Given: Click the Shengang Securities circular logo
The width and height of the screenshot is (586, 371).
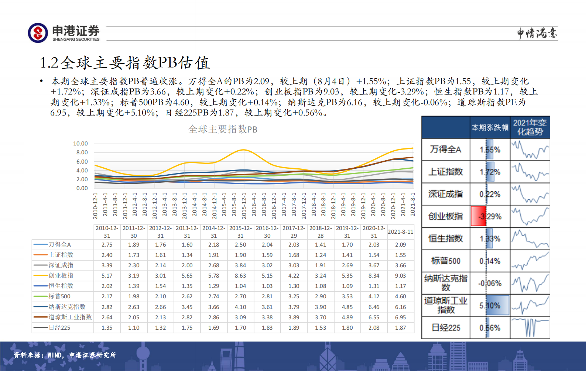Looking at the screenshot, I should pos(38,33).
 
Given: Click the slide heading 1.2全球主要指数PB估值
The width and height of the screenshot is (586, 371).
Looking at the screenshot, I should pos(125,63).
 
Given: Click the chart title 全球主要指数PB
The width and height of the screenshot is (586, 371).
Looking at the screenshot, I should pos(223,129).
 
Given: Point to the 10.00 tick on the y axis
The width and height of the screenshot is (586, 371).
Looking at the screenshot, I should pos(80,144).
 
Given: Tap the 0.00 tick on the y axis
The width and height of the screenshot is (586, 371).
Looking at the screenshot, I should pos(82,188).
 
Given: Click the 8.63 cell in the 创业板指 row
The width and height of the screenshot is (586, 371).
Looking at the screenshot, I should pos(240,275).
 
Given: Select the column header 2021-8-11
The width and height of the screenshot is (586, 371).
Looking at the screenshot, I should pos(400,231).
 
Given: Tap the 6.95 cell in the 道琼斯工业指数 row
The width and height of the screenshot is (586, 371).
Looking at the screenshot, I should pos(400,317).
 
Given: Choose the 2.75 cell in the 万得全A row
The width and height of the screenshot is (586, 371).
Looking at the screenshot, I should pos(107,244).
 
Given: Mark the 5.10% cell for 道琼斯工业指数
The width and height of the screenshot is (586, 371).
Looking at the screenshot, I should pos(490,305).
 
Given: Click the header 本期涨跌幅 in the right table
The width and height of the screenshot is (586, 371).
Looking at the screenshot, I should pos(490,127).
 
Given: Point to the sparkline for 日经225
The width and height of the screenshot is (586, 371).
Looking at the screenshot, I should pos(530,327).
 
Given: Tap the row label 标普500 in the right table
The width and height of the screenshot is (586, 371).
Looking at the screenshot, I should pos(446,261).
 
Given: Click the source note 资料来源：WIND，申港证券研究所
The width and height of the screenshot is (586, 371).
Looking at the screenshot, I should pos(65,355).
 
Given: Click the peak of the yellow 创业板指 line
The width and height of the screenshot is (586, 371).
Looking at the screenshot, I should pos(243,150).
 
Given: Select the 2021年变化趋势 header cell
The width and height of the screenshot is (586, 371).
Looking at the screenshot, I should pos(530,127).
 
